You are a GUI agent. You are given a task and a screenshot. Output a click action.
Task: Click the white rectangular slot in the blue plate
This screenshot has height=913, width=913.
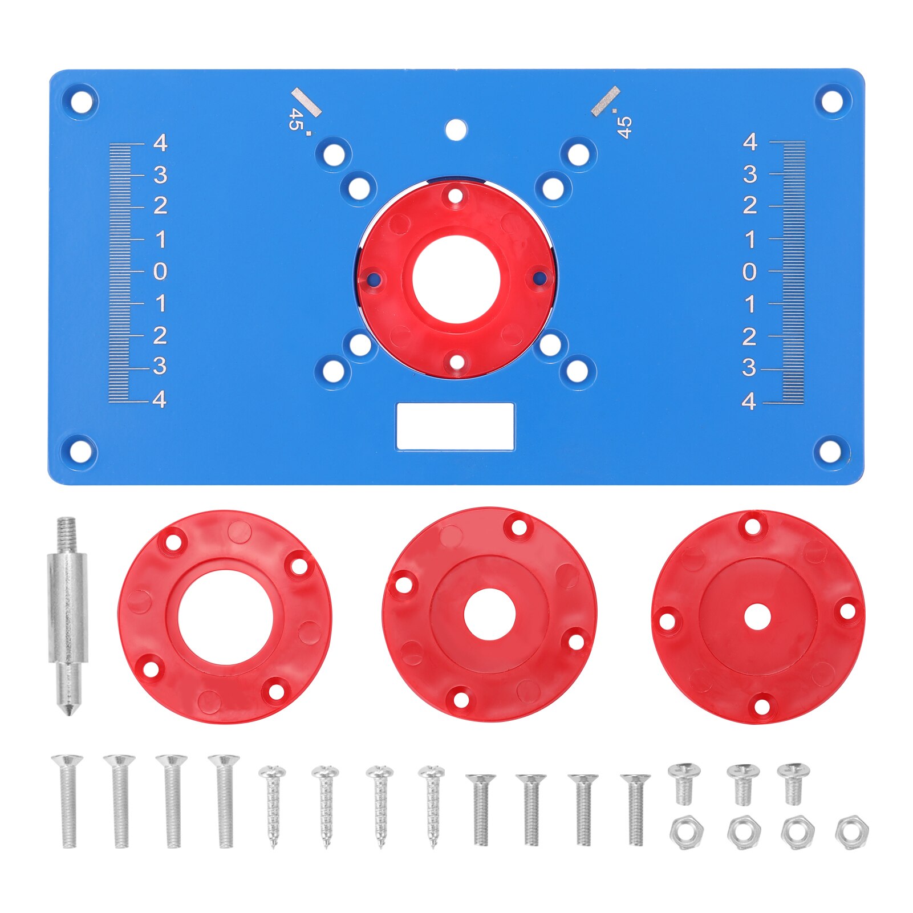[455, 426]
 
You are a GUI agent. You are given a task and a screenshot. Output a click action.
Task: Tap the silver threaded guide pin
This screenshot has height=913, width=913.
[68, 616]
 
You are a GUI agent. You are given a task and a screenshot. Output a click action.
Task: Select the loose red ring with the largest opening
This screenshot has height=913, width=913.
[225, 616]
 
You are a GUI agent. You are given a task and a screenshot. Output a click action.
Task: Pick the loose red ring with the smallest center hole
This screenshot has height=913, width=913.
[758, 617]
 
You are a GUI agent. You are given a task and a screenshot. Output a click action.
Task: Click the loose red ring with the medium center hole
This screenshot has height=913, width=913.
[489, 615]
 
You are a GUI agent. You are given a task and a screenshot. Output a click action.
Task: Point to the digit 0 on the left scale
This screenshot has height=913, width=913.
[160, 271]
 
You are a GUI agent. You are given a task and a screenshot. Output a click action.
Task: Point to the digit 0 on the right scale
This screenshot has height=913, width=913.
[750, 271]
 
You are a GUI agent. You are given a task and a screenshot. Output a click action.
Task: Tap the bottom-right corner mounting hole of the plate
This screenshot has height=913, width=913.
[831, 451]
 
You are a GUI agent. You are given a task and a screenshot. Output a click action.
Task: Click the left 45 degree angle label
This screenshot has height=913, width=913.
[296, 120]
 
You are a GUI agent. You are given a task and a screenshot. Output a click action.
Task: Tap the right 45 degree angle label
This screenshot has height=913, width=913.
[624, 127]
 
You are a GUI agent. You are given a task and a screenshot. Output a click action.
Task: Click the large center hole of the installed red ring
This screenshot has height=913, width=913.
[456, 279]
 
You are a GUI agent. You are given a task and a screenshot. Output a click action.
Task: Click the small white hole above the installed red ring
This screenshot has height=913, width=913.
[456, 130]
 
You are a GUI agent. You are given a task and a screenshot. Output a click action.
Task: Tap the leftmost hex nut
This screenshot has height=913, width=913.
[687, 833]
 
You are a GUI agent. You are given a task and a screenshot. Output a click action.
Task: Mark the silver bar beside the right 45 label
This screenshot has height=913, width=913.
[605, 102]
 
